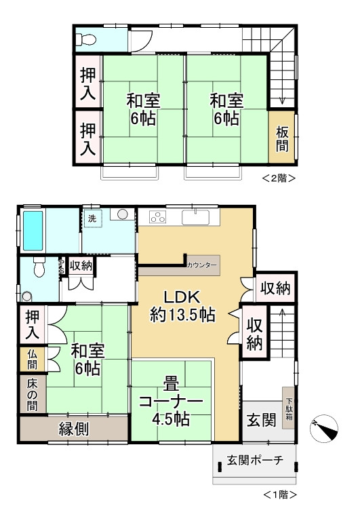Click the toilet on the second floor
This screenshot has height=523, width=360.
(x=85, y=40)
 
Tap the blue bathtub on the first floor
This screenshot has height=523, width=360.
(x=33, y=231)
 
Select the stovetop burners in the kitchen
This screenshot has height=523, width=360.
(x=158, y=217)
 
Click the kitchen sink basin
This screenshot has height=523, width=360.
(x=196, y=217)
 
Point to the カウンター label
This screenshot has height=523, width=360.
(x=201, y=265)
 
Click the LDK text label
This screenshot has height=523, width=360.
(x=182, y=296)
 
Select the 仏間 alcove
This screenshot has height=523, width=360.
(x=32, y=360)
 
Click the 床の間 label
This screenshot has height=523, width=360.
(x=32, y=395)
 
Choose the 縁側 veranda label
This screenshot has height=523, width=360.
(x=74, y=429)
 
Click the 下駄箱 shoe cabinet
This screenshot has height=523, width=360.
(x=289, y=408)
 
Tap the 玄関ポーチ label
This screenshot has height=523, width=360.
(x=255, y=461)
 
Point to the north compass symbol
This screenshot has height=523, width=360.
(x=323, y=429)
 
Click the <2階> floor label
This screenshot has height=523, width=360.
(x=279, y=178)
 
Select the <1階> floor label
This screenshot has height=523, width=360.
(x=280, y=494)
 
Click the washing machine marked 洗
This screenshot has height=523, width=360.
(x=93, y=218)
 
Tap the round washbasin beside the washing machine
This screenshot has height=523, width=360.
(x=122, y=214)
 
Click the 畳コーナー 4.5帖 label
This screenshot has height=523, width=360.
(x=171, y=402)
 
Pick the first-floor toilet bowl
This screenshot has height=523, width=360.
(x=39, y=267)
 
